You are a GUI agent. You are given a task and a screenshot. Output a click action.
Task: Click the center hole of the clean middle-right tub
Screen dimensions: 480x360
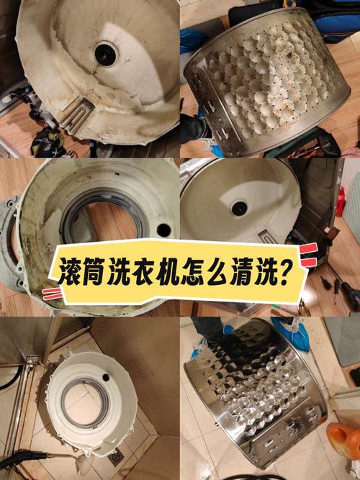tap(238, 208)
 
